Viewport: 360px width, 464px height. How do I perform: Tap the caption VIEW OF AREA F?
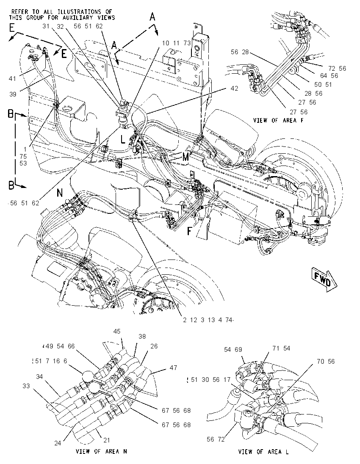coord(278,120)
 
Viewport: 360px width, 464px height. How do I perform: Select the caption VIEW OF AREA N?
coord(102,451)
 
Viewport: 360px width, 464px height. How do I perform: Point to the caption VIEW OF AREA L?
coord(263,452)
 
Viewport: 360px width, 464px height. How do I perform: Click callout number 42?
coord(234,88)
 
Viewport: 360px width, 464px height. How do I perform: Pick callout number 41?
coord(12,79)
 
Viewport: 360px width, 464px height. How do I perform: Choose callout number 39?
coord(13,94)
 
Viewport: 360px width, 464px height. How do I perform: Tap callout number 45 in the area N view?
coord(117,331)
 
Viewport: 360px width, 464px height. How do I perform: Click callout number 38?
coord(142,337)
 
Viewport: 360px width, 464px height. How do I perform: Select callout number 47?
coord(173,367)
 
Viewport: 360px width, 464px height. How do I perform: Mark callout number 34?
coord(39,377)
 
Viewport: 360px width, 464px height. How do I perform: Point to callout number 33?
coord(26,386)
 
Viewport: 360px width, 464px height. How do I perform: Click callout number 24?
coord(58,443)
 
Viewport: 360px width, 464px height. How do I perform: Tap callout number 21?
coord(107,440)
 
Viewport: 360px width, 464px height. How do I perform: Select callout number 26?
coord(154,346)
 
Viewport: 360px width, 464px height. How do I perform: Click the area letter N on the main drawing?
coord(60,193)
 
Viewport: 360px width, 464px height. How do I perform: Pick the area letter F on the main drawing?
coord(189,231)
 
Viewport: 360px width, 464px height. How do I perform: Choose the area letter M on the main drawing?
coord(186,157)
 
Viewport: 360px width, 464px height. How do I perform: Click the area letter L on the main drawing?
coord(123,139)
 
